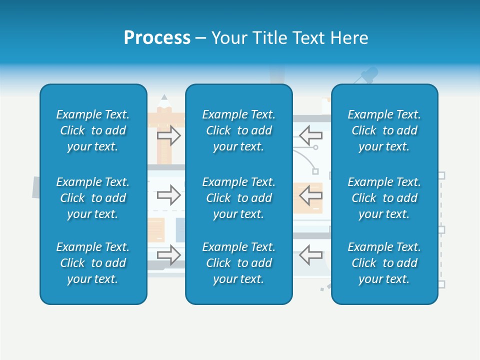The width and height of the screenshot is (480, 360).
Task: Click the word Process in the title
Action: pyautogui.click(x=157, y=38)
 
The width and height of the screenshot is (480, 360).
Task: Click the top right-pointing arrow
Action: pyautogui.click(x=169, y=135)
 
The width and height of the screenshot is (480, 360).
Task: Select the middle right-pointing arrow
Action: pyautogui.click(x=169, y=195)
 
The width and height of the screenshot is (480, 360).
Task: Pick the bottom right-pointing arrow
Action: pyautogui.click(x=169, y=255)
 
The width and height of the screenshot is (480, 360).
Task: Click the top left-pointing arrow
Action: pyautogui.click(x=310, y=135)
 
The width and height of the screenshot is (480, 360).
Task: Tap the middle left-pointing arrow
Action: pyautogui.click(x=310, y=195)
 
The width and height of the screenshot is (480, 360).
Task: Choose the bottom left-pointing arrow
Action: pyautogui.click(x=310, y=254)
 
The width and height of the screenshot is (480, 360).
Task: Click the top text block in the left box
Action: pyautogui.click(x=93, y=130)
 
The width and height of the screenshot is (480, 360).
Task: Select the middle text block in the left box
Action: pyautogui.click(x=93, y=198)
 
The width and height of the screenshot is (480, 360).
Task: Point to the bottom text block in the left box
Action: pyautogui.click(x=93, y=263)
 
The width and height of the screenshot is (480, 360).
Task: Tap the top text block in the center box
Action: pyautogui.click(x=238, y=130)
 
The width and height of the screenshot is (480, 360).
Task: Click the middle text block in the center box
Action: pyautogui.click(x=238, y=198)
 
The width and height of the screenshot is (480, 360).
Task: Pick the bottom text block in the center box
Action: pyautogui.click(x=238, y=263)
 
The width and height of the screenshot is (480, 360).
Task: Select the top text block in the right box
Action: pyautogui.click(x=384, y=130)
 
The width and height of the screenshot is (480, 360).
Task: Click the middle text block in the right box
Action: pyautogui.click(x=384, y=198)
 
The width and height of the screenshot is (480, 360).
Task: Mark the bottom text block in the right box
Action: pyautogui.click(x=384, y=263)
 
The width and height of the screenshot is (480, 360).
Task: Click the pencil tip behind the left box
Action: pyautogui.click(x=164, y=100)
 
